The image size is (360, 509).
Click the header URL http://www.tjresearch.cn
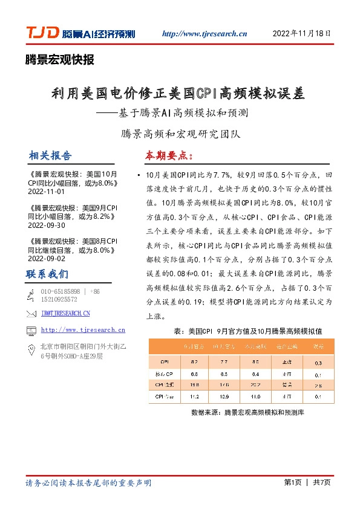[x=206, y=34]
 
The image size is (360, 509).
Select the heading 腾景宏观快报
[x=59, y=59]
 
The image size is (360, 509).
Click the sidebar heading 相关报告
[x=50, y=155]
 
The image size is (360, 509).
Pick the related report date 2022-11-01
[x=46, y=191]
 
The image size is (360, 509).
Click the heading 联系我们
[x=47, y=274]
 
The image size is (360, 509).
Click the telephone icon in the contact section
[x=31, y=295]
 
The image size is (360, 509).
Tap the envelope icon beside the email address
[x=31, y=313]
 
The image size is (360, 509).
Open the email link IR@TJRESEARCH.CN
[x=65, y=313]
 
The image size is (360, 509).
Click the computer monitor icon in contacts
[x=31, y=330]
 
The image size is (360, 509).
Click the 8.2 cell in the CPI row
[x=194, y=362]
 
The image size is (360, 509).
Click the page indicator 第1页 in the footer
[x=292, y=482]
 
